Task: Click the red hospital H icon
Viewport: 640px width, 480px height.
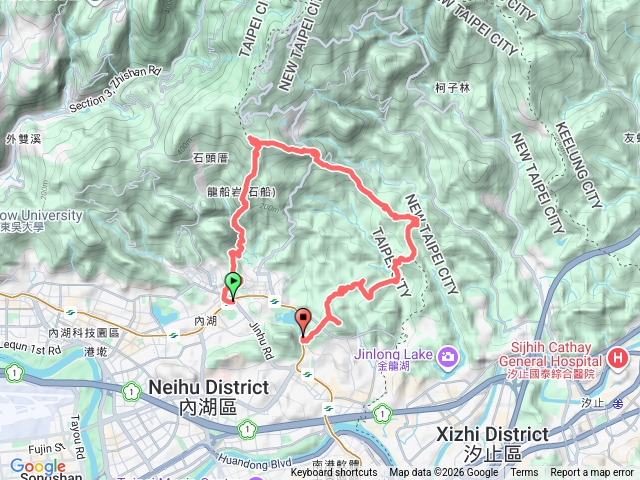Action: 618,358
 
